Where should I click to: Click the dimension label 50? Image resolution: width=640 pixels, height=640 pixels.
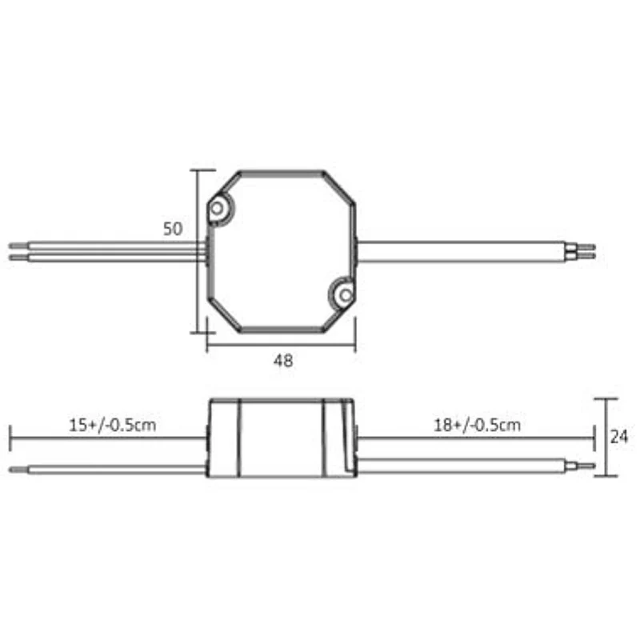[173, 229]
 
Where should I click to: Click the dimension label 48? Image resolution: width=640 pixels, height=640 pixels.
[283, 361]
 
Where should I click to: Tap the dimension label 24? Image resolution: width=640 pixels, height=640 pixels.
[618, 437]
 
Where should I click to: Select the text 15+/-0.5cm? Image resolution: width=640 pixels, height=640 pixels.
[113, 425]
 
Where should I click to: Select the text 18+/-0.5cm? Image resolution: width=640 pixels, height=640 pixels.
[477, 425]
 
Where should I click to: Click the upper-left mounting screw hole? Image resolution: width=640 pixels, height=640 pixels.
[217, 209]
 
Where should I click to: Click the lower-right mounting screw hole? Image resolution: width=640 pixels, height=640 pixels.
[346, 294]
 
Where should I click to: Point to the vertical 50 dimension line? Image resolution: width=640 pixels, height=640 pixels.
[198, 251]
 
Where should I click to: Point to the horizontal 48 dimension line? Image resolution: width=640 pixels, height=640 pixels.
[282, 345]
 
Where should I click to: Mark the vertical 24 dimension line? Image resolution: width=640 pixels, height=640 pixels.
[606, 437]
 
